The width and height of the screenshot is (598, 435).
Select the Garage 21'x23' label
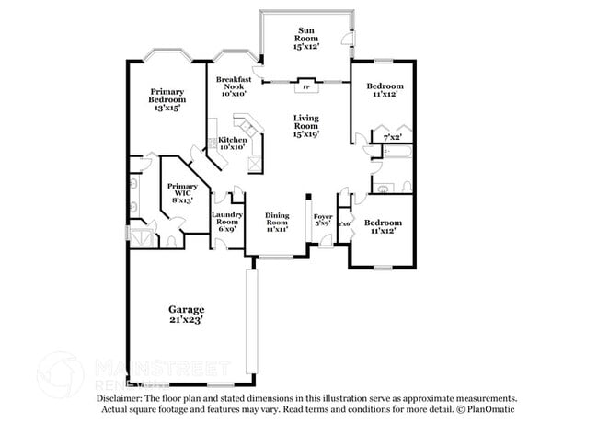186,315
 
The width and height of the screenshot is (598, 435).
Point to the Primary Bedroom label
167,99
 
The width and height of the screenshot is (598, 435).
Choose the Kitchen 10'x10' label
232,143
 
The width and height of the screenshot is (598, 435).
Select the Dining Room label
277,223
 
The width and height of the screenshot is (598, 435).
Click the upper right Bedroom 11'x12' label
385,91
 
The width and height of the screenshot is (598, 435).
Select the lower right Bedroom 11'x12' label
382,227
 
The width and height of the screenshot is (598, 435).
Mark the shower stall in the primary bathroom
141,235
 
